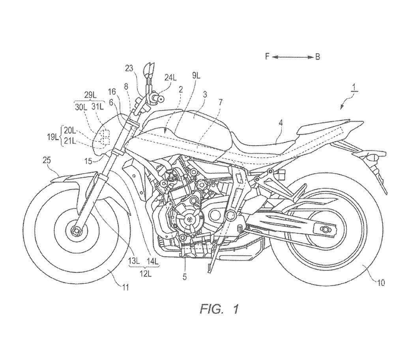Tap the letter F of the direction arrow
pos(267,57)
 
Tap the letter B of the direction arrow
pos(318,57)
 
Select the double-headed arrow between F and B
pos(292,57)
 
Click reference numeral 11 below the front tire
pos(125,288)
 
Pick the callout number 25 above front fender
pos(47,160)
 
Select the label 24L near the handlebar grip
pos(171,78)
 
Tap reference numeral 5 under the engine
pos(184,277)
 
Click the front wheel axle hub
pos(76,229)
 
